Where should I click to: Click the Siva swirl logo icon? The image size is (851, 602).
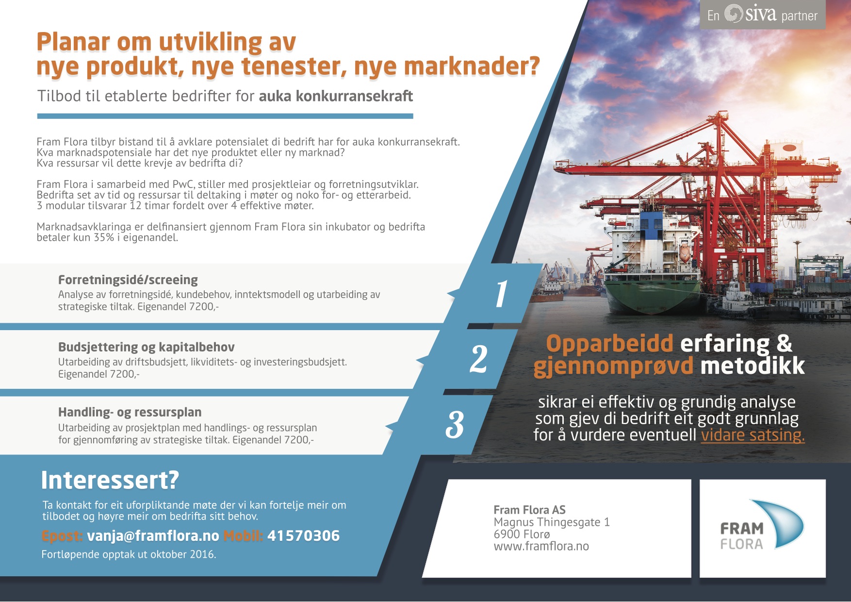click(734, 14)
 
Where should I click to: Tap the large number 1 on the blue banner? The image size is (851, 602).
click(501, 294)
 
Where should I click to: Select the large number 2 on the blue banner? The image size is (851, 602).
click(478, 359)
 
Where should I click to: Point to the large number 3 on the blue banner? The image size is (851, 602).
click(455, 425)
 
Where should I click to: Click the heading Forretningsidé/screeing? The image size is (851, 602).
click(128, 280)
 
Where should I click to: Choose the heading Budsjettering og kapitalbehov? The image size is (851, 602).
click(147, 347)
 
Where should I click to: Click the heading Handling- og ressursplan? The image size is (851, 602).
click(130, 412)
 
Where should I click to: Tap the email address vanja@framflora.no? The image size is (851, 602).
click(153, 536)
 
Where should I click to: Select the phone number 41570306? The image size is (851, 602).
click(303, 536)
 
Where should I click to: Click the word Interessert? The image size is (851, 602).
click(110, 480)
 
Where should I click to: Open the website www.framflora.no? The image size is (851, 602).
click(541, 547)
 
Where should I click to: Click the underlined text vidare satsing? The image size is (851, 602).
click(753, 435)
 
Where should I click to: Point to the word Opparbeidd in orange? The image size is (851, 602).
click(609, 344)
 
